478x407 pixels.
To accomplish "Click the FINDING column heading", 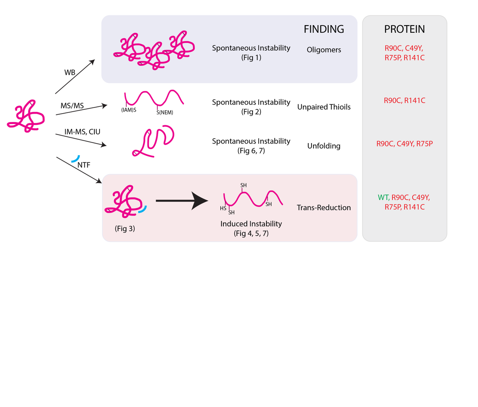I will point(323,29).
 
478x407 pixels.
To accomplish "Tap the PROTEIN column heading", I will point(404,29).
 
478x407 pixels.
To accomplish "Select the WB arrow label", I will point(70,73).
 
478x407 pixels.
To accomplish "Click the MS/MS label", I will point(72,106).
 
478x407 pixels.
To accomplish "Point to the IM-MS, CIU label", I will point(82,132).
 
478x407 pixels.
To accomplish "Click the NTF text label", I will point(84,164).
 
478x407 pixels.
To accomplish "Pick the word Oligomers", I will point(323,50).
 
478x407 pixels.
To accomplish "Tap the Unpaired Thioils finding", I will point(323,107).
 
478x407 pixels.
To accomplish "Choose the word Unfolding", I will point(323,146).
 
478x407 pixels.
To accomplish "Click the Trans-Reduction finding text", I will point(323,207).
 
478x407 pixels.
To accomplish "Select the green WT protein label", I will point(383,197).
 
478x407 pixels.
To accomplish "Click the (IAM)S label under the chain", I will point(129,110).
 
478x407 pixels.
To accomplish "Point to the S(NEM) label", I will point(165,113).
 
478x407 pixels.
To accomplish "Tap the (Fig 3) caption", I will point(125,229).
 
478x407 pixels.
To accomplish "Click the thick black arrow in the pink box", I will point(182,201).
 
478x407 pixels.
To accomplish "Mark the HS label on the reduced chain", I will point(223,208).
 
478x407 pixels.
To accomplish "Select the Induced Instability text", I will point(251,224).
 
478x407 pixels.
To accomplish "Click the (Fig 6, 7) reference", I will point(251,151).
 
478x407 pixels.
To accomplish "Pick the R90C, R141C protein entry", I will point(404,100).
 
